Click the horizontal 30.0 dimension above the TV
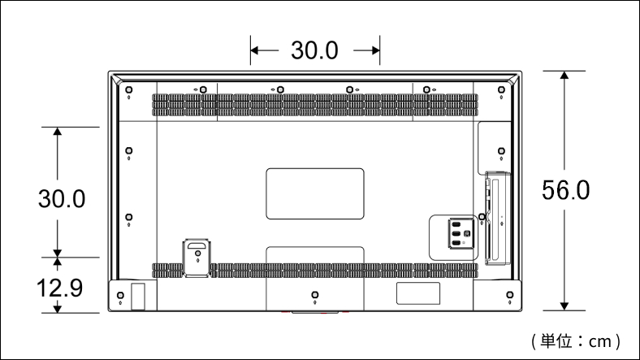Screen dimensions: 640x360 point(314,50)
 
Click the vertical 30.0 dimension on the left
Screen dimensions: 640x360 point(62,199)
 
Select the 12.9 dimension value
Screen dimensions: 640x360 point(59,288)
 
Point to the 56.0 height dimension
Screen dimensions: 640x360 point(566,190)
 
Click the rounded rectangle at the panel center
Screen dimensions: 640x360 point(314,193)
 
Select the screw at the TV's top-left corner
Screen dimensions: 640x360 point(128,89)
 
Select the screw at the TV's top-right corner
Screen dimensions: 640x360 point(501,89)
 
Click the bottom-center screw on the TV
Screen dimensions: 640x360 point(314,295)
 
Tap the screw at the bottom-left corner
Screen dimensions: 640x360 point(120,295)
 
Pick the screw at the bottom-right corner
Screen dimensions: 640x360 point(510,295)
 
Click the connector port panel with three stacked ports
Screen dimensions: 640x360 point(461,233)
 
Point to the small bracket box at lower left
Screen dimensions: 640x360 point(197,258)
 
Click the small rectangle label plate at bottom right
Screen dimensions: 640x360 point(418,293)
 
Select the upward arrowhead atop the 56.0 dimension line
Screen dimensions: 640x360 point(564,75)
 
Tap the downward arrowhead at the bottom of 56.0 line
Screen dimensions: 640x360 point(564,306)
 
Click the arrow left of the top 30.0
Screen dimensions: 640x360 point(264,50)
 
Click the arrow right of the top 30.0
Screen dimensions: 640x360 point(366,50)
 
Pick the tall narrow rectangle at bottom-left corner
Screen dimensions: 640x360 point(138,297)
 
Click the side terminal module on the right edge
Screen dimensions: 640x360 point(498,219)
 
